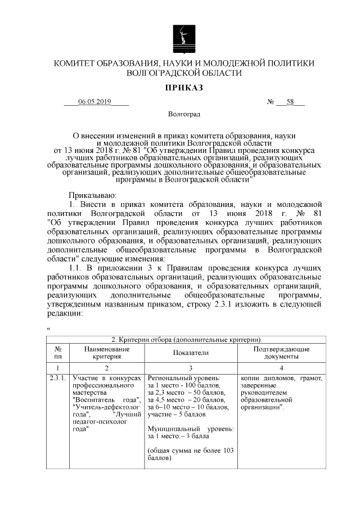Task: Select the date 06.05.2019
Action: click(x=95, y=102)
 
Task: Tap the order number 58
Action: click(x=291, y=102)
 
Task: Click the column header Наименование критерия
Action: click(x=107, y=352)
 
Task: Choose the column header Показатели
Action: click(x=191, y=352)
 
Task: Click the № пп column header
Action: click(x=57, y=352)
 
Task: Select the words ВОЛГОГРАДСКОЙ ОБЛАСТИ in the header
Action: click(x=184, y=73)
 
